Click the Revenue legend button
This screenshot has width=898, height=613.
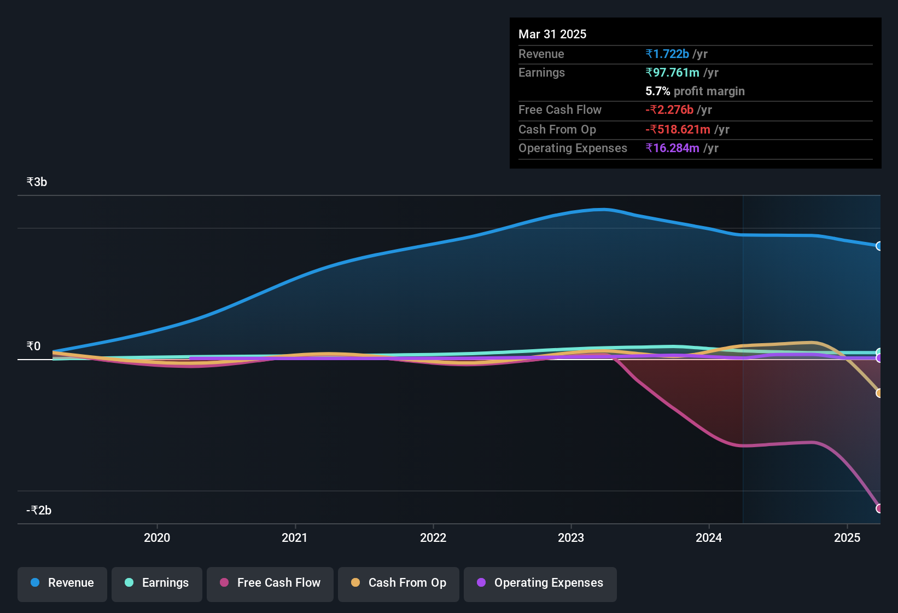(62, 583)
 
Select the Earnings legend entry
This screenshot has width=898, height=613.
(157, 583)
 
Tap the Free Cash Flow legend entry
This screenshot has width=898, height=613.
(270, 583)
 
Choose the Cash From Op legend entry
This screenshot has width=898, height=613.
(399, 583)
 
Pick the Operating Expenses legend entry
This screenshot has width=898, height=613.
(540, 583)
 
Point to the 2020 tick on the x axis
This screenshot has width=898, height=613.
(157, 537)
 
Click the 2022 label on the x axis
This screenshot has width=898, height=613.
(433, 537)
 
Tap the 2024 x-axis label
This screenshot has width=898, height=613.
(709, 537)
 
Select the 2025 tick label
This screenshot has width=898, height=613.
(847, 537)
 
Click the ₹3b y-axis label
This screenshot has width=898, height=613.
(37, 182)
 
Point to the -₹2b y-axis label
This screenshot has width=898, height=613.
(39, 510)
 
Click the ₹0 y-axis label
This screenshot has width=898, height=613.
(34, 346)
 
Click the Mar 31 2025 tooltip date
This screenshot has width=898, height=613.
(552, 34)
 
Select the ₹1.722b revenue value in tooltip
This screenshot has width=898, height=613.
(667, 54)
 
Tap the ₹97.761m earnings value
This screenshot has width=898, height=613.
(672, 72)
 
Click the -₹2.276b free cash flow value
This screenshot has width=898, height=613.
(669, 109)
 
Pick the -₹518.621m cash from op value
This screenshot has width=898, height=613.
(678, 129)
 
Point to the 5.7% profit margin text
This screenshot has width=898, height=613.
(695, 91)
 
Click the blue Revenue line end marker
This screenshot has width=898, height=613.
(879, 246)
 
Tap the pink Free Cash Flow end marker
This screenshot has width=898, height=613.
(879, 508)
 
